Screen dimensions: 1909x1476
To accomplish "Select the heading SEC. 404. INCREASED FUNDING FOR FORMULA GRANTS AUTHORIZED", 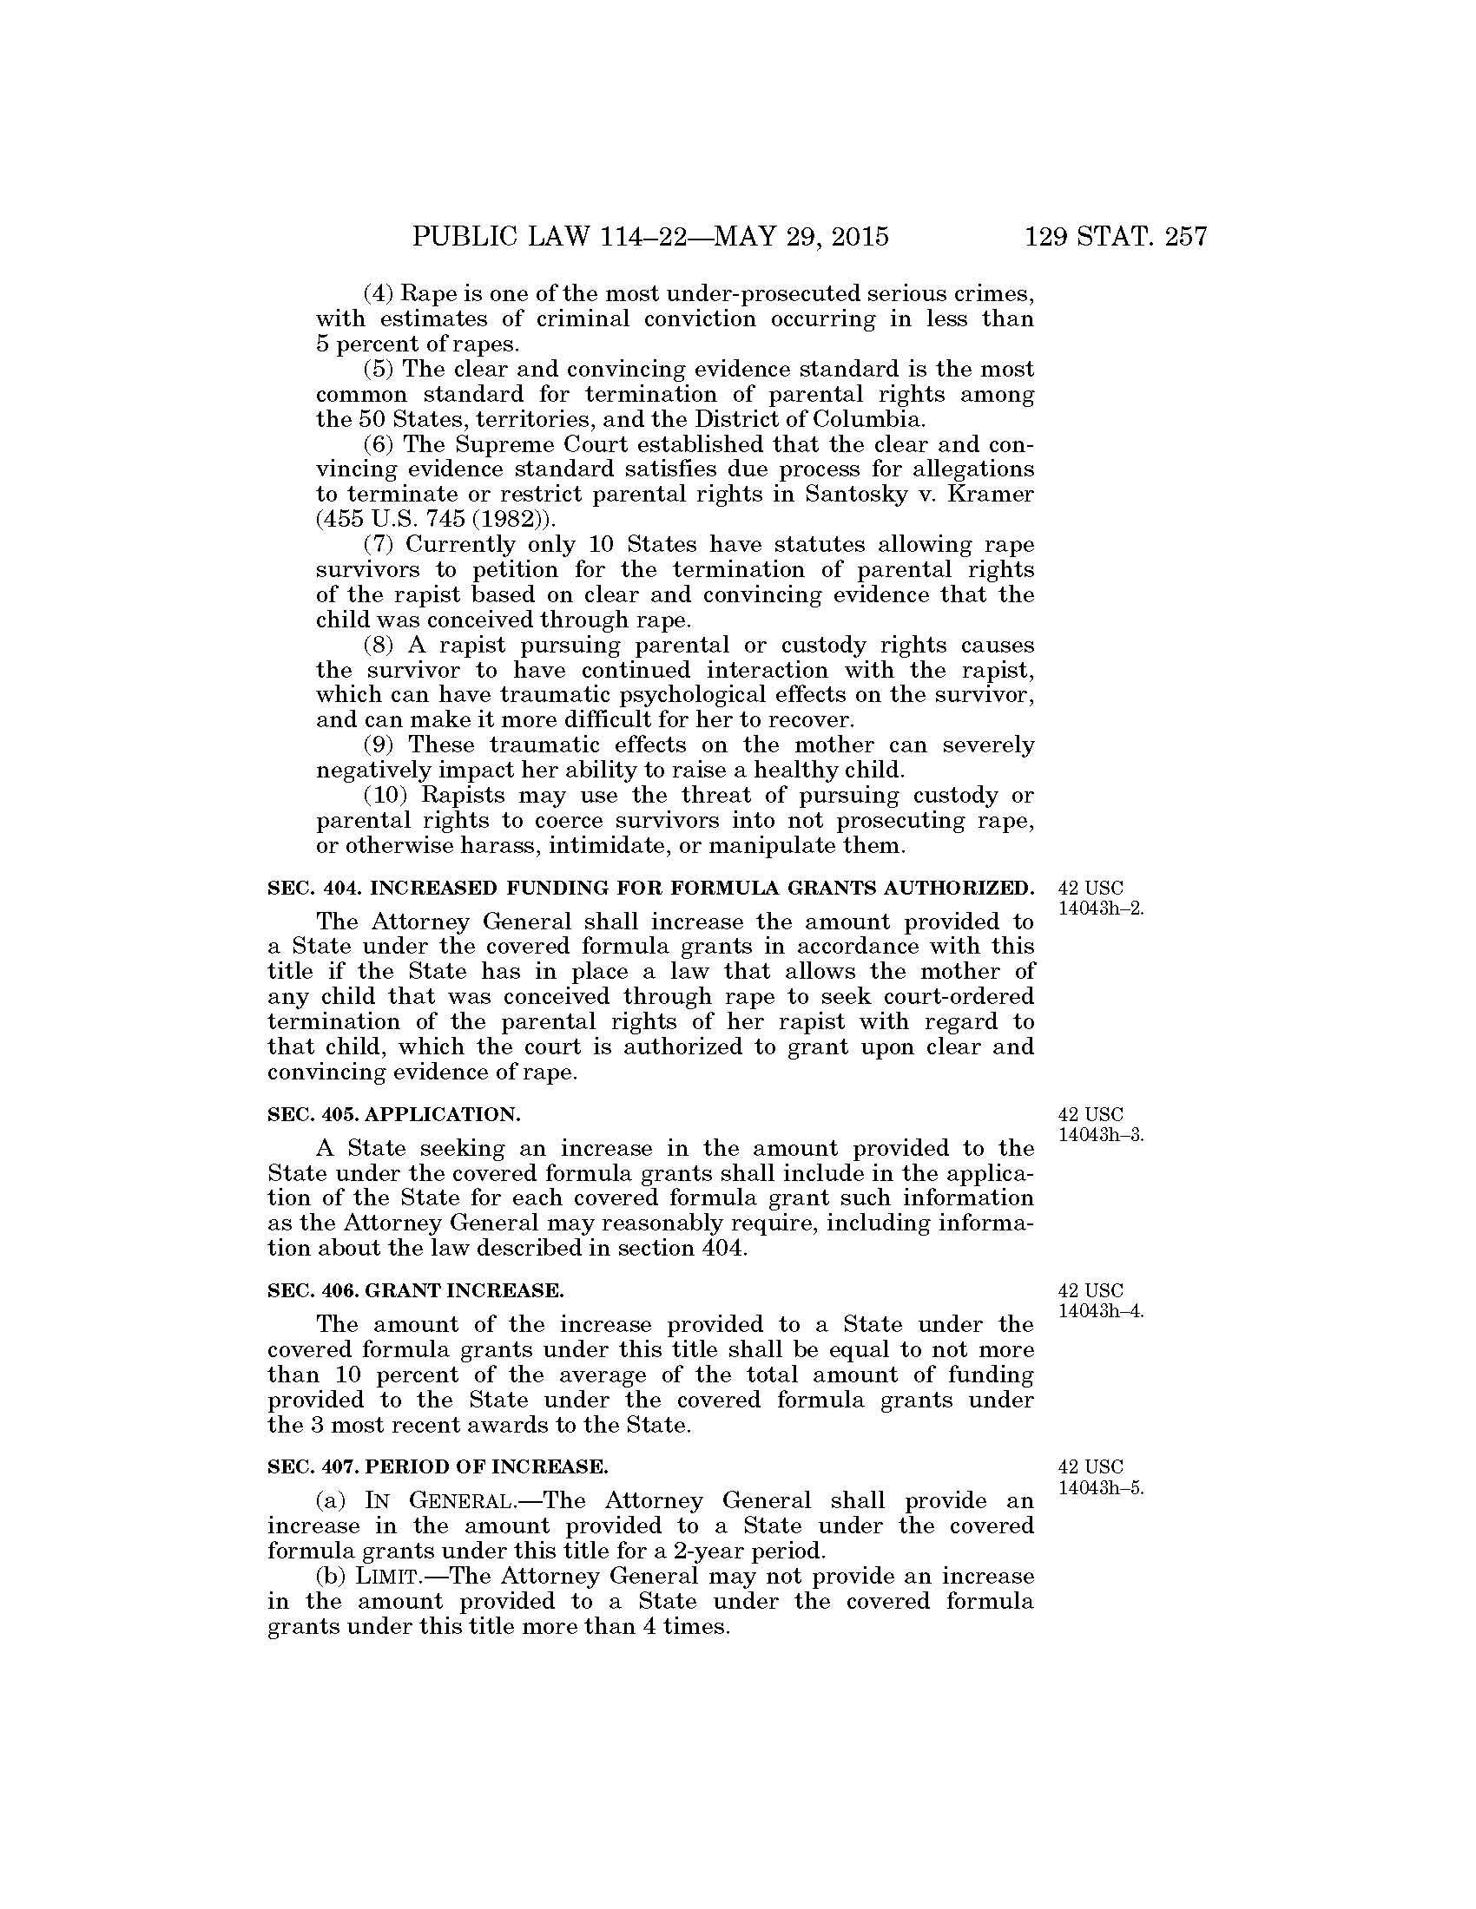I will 650,889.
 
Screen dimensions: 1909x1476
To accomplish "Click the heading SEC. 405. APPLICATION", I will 393,1114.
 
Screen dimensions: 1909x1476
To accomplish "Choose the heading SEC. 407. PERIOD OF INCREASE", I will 438,1466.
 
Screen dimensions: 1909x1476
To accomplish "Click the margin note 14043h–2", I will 1101,908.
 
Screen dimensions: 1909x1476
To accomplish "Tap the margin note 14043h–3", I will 1101,1136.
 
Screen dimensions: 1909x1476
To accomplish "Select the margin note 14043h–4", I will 1101,1311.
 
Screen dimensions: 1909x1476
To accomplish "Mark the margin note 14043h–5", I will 1101,1487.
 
